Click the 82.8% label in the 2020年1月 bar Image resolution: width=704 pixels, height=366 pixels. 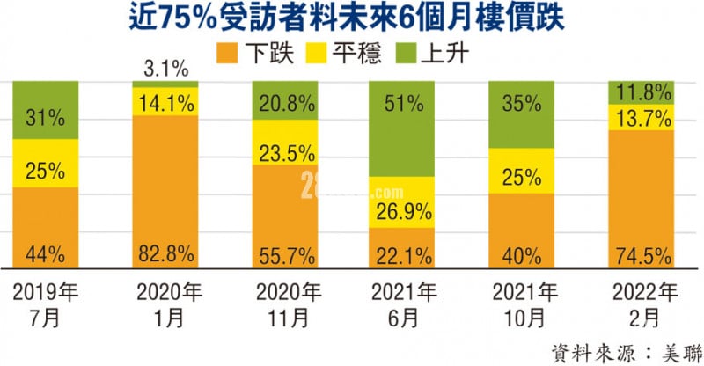coord(165,255)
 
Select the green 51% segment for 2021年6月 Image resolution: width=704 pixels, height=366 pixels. coord(402,128)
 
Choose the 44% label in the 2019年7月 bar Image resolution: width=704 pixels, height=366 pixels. coord(45,255)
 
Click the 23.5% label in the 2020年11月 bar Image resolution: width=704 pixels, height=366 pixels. coord(283,152)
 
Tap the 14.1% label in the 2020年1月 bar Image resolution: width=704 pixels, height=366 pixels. coord(165,101)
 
